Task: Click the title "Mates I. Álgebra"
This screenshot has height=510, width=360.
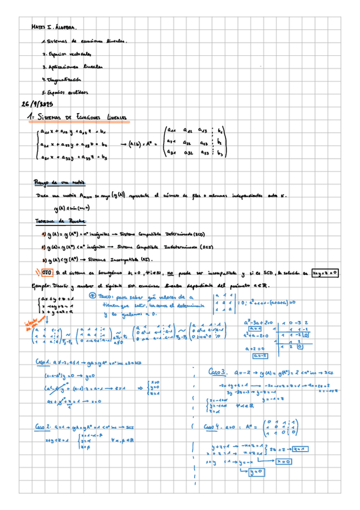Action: (x=54, y=28)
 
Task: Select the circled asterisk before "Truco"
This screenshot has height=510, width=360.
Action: (x=91, y=296)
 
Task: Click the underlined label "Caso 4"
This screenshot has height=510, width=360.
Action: (x=214, y=427)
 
